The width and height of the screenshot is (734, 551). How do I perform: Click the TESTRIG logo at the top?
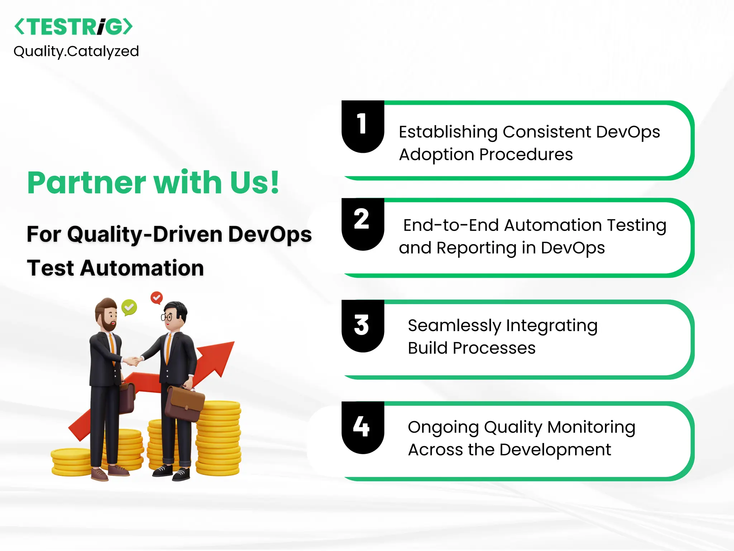click(x=73, y=27)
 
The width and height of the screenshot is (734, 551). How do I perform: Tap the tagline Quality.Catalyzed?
click(x=76, y=51)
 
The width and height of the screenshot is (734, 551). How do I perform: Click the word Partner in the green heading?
click(x=86, y=183)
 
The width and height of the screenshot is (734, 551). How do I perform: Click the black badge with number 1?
click(x=362, y=126)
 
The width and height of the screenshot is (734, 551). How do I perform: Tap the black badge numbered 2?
click(x=362, y=222)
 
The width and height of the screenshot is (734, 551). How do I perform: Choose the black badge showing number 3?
click(x=362, y=325)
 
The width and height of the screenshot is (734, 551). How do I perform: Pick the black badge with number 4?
click(x=362, y=427)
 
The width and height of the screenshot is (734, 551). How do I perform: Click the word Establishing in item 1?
click(x=448, y=132)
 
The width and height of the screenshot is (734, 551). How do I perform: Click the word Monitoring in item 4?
click(x=591, y=427)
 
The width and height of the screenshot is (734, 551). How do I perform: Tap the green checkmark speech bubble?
click(x=129, y=307)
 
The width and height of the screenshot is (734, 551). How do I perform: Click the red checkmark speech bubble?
click(x=157, y=298)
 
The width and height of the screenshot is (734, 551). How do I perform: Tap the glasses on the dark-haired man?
click(x=167, y=317)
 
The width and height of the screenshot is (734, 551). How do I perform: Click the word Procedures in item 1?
click(x=526, y=155)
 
